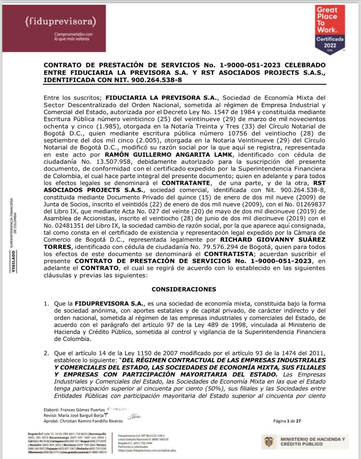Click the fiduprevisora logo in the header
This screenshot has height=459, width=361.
[61, 22]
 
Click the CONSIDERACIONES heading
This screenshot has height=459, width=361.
[184, 289]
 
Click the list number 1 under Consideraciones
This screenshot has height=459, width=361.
[46, 304]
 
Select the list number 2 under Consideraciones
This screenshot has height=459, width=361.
[46, 353]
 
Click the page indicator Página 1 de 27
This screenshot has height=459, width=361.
[287, 421]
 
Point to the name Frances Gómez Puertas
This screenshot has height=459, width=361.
[83, 410]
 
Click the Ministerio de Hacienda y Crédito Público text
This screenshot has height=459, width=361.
[313, 441]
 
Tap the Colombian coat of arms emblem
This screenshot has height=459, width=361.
[269, 441]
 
